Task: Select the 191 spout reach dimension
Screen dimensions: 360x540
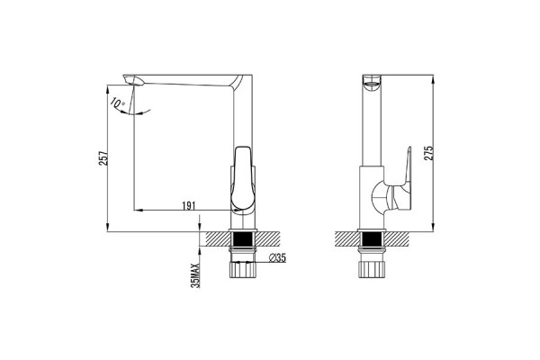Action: [x=189, y=206]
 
